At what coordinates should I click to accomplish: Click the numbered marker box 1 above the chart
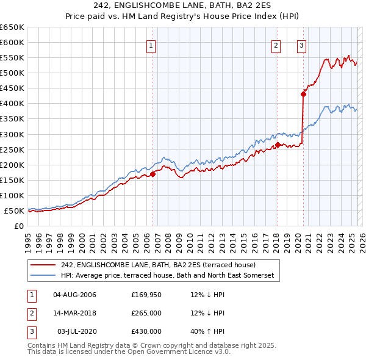click(150, 45)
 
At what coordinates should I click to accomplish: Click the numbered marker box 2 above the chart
click(276, 45)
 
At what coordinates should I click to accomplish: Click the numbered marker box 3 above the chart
click(301, 45)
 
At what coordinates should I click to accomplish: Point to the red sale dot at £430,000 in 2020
click(303, 94)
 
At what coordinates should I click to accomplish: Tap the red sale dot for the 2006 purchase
click(153, 174)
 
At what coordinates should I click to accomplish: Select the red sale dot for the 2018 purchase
click(278, 145)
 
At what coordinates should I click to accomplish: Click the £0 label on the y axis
click(18, 226)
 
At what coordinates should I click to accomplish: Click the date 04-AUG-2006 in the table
click(75, 295)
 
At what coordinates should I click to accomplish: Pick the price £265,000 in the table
click(146, 313)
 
